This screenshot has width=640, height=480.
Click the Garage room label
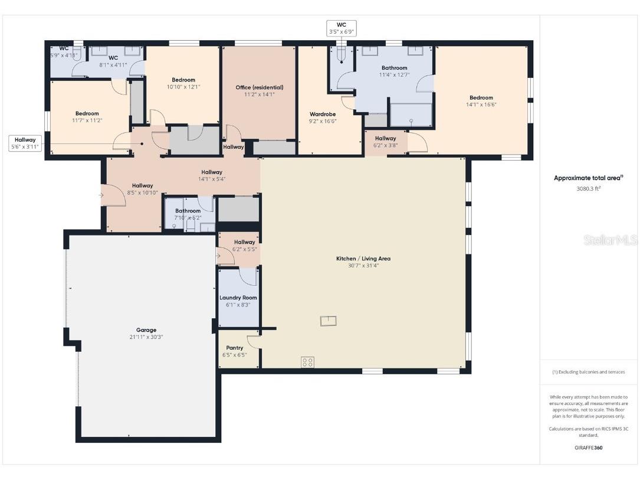coord(146,330)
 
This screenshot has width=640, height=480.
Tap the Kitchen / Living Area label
coord(363,259)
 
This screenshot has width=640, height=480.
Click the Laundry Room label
coord(238,298)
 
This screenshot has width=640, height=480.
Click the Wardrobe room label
coord(322,114)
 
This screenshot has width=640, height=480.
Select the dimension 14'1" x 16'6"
coord(481,105)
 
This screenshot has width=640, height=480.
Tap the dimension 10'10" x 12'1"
coord(183,87)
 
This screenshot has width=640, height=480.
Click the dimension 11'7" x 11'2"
coord(87,120)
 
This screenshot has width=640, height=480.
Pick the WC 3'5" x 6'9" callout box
coord(342,28)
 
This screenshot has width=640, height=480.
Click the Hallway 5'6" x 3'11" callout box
coord(25,143)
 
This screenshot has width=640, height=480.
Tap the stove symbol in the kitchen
coord(307,362)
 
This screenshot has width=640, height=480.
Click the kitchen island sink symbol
coord(328,321)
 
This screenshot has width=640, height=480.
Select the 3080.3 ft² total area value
coord(588,189)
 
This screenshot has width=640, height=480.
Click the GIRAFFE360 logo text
coord(589,448)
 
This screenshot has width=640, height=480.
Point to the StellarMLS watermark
coord(611,240)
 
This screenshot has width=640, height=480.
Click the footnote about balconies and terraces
coord(589,372)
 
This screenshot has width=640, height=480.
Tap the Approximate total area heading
coord(588,178)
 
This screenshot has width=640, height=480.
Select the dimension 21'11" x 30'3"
coord(146,337)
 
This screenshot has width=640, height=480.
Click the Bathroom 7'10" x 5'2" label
coord(188,214)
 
